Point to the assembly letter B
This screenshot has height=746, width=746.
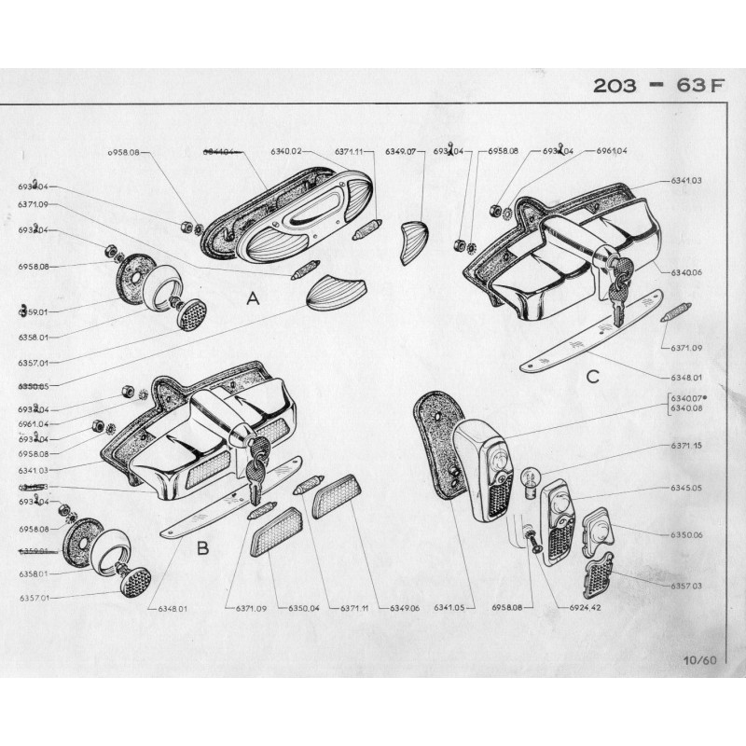point(202,548)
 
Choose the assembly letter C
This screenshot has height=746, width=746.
point(592,376)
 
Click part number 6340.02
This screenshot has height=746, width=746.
point(286,151)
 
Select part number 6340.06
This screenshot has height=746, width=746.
point(686,272)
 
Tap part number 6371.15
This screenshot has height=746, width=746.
point(686,446)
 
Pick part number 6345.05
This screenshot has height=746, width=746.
point(686,488)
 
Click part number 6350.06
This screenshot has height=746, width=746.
point(686,534)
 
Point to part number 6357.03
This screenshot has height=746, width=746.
point(686,586)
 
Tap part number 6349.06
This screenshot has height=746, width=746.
point(406,608)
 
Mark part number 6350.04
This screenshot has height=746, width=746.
point(303,608)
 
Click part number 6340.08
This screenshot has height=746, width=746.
point(686,408)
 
